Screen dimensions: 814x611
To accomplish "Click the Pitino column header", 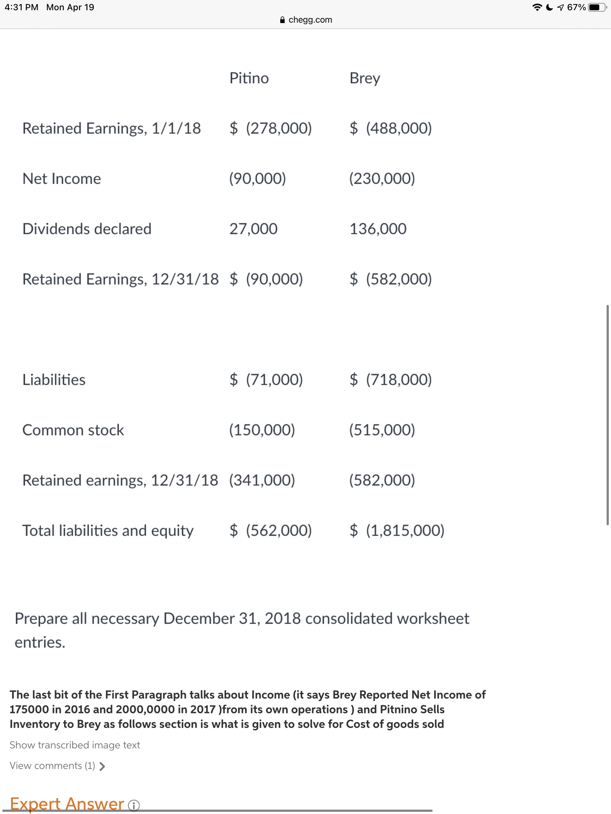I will click(249, 78).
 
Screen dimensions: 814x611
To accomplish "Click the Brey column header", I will click(364, 78).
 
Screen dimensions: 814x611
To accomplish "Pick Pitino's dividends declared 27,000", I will click(253, 229).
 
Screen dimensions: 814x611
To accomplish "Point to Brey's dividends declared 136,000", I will click(378, 229).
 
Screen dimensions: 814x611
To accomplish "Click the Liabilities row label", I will click(54, 380).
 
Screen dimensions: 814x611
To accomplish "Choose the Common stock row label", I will click(73, 430).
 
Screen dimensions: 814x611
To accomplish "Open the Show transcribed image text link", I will click(75, 745).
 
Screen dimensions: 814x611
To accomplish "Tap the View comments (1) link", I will click(58, 766).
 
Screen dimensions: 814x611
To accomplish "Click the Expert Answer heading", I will click(67, 804).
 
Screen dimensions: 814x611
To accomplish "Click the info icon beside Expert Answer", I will click(134, 806).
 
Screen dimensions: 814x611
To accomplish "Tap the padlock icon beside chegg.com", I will click(282, 20).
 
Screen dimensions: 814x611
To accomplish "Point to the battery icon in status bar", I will click(597, 7).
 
